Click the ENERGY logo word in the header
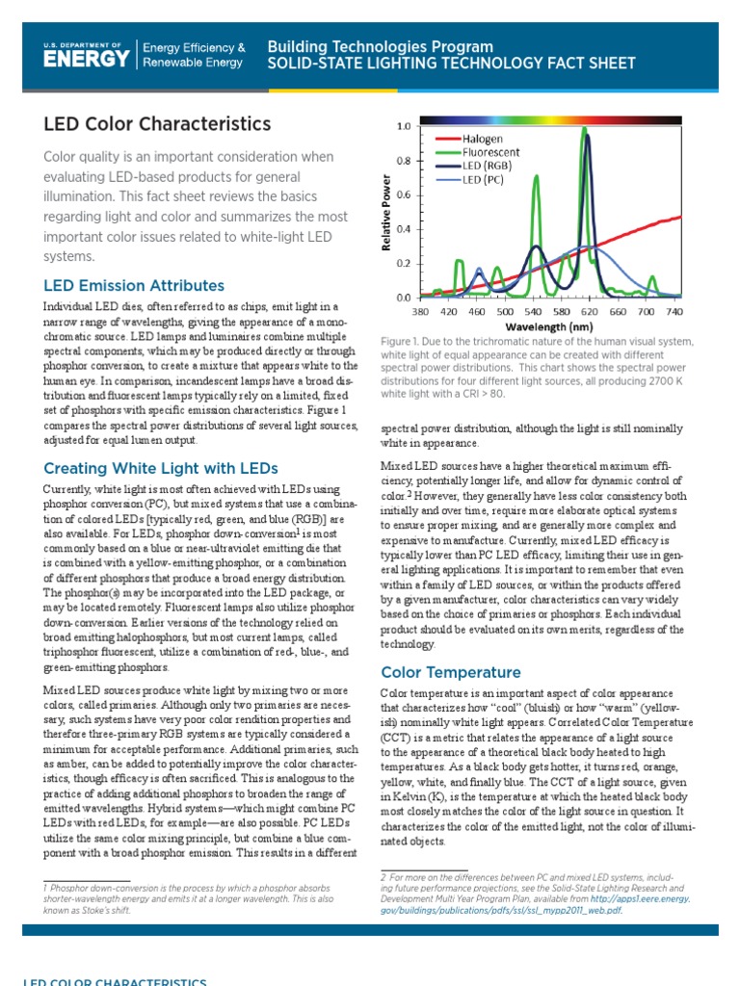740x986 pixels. (86, 58)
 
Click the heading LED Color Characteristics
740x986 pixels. (157, 124)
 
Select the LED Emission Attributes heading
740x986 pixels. (134, 285)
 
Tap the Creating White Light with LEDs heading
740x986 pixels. (161, 468)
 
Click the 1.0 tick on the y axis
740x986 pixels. (403, 126)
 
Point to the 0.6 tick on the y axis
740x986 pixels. (403, 195)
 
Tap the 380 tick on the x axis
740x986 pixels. (420, 312)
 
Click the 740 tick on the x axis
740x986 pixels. (674, 312)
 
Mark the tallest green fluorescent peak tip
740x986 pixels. (584, 129)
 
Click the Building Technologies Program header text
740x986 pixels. (380, 46)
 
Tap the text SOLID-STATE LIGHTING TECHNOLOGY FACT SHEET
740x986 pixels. (451, 64)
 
